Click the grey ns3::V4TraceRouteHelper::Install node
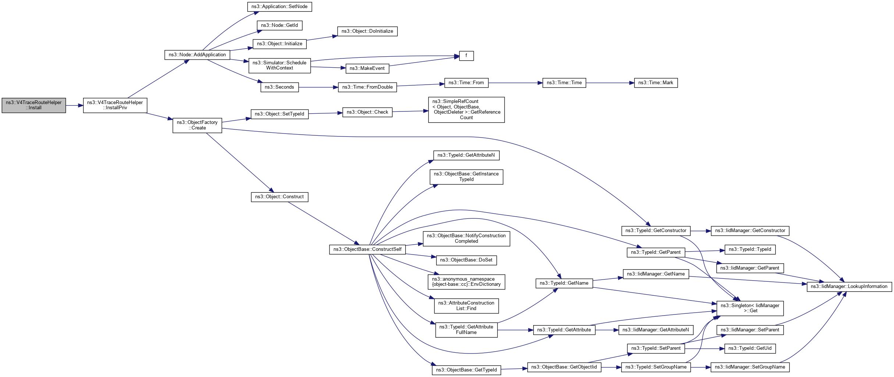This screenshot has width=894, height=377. [34, 105]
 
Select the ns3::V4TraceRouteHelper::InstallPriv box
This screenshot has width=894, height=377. [115, 105]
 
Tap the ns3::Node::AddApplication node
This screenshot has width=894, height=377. [197, 55]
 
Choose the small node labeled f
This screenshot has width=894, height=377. [466, 56]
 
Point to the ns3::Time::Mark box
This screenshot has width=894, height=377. [656, 83]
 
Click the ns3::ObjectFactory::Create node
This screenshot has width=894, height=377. [197, 125]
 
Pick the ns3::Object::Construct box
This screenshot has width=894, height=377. [279, 197]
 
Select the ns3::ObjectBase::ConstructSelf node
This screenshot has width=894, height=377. [367, 249]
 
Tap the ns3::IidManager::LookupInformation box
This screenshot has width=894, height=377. [849, 287]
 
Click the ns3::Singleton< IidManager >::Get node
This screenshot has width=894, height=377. [750, 308]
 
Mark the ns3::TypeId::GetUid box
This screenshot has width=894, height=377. [750, 348]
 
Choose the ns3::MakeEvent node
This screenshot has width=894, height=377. [367, 68]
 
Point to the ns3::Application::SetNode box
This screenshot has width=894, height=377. [279, 7]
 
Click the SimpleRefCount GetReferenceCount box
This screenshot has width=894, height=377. [466, 110]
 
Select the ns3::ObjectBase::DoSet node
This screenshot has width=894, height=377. [466, 260]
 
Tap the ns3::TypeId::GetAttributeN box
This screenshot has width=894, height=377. [466, 155]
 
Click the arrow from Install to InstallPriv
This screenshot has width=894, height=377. [75, 106]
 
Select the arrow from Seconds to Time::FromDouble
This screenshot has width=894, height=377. [318, 87]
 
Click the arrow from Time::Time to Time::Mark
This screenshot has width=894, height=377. [610, 83]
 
